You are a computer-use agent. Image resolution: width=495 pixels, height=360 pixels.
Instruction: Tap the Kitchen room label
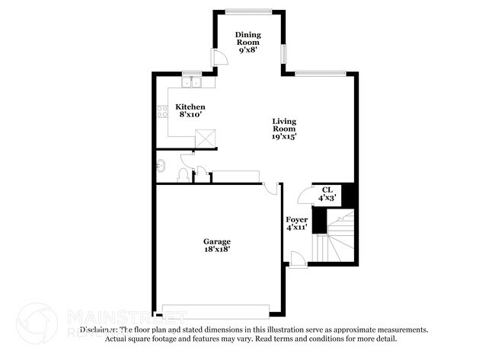tap(190, 107)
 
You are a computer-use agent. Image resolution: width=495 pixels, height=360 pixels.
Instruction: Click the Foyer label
tap(296, 219)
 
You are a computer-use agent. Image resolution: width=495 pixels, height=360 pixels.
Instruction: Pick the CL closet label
tap(327, 190)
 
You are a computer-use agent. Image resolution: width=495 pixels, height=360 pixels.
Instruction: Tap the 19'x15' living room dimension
tap(285, 137)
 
